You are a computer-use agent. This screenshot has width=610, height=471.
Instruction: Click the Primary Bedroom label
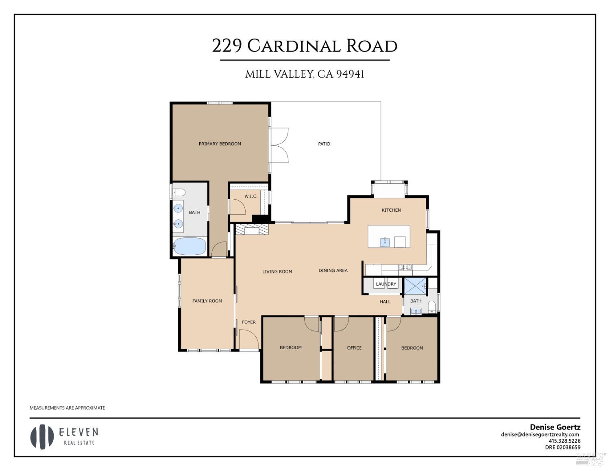click(x=220, y=144)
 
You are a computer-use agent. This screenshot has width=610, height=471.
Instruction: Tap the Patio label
click(x=324, y=144)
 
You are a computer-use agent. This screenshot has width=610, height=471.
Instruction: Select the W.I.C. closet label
click(x=251, y=196)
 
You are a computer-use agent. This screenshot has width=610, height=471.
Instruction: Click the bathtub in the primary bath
click(x=190, y=246)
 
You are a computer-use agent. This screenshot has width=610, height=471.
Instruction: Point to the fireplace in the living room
click(x=252, y=230)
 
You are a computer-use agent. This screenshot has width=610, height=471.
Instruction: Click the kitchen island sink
click(x=385, y=242)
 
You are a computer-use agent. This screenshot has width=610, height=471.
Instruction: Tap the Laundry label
click(x=386, y=284)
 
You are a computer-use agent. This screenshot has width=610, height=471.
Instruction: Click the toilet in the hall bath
click(x=432, y=306)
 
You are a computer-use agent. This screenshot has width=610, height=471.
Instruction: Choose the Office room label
click(x=354, y=348)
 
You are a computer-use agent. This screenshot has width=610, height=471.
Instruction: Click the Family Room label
click(x=207, y=301)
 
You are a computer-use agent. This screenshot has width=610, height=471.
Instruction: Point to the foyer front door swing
click(x=248, y=339)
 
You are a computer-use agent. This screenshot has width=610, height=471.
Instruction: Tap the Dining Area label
click(x=333, y=271)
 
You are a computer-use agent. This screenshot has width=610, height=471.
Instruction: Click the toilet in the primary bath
click(x=179, y=192)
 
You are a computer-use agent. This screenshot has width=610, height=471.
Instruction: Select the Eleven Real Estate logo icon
click(x=42, y=437)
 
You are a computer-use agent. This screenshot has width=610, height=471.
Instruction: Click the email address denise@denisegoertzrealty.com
click(x=540, y=434)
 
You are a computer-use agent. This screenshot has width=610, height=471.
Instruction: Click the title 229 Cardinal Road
click(x=305, y=46)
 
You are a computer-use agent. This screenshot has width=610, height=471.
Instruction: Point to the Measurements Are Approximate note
click(x=67, y=408)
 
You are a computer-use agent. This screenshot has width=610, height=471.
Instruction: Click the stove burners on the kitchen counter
click(x=405, y=267)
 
